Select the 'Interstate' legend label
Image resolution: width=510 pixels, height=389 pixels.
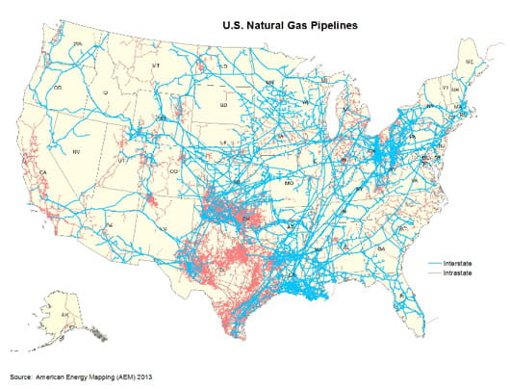(447, 262)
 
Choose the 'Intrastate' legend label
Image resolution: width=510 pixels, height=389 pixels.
(447, 272)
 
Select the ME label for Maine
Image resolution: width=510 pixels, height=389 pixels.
(469, 63)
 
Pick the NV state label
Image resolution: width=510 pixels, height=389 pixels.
(75, 153)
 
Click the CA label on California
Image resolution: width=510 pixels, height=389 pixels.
(43, 173)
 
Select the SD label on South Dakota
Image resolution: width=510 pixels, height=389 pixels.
(223, 104)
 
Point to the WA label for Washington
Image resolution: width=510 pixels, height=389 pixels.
(75, 45)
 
